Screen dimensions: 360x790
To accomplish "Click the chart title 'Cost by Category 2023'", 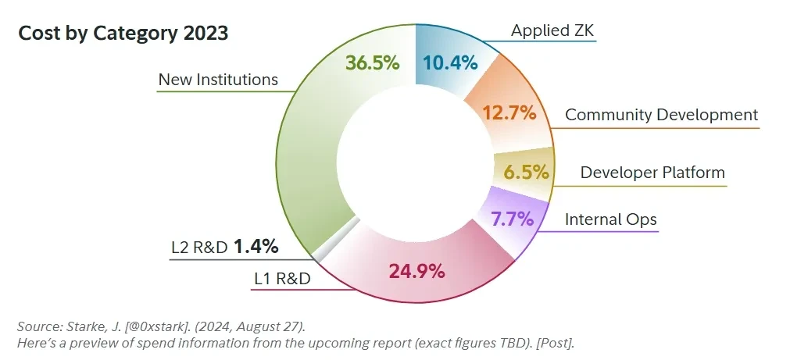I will tap(123, 34).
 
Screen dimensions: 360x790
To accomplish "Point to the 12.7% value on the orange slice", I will tap(509, 112).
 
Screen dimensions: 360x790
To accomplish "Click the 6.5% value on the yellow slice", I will tap(526, 172).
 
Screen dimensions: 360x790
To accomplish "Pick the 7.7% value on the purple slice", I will tap(512, 218).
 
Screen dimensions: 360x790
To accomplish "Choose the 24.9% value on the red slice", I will tap(416, 271).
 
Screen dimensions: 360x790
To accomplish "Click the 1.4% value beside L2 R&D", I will tap(256, 247).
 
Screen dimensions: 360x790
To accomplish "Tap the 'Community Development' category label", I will tap(661, 115).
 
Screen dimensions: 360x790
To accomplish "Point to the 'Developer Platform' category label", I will tap(652, 173).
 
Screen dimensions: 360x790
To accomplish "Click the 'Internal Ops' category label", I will tap(611, 219).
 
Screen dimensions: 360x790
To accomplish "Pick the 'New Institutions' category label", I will tap(218, 79).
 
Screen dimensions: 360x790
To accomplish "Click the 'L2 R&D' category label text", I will tap(199, 248).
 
